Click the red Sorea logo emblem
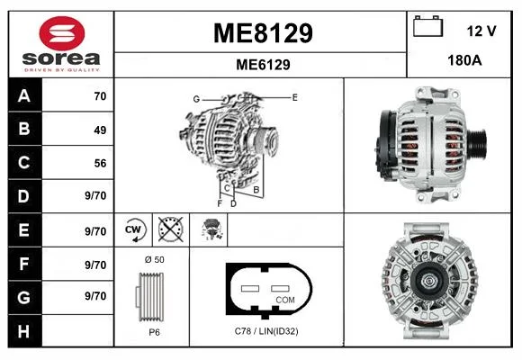click(x=62, y=33)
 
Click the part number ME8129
click(x=263, y=33)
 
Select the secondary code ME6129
click(x=263, y=65)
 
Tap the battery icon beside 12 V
click(x=427, y=26)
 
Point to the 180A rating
click(x=464, y=60)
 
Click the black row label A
click(x=25, y=95)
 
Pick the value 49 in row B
click(x=100, y=130)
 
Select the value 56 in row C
click(x=100, y=163)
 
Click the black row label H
click(x=25, y=331)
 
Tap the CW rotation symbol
click(x=134, y=229)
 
